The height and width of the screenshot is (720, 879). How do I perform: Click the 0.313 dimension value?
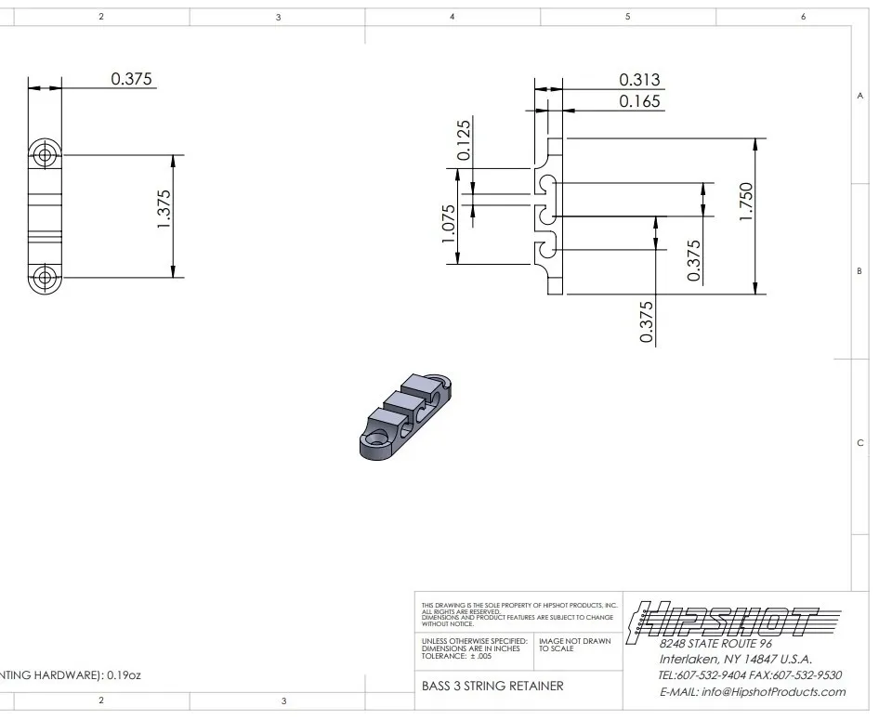click(x=639, y=80)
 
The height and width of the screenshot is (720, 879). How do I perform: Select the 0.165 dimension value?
click(x=639, y=101)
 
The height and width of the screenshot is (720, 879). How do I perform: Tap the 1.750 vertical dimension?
click(x=746, y=202)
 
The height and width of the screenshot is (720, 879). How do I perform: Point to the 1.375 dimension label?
click(x=164, y=209)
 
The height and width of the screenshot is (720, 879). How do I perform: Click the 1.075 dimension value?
click(x=449, y=224)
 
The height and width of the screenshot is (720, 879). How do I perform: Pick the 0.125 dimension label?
click(x=464, y=140)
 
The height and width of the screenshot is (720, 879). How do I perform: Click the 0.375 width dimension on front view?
click(x=131, y=79)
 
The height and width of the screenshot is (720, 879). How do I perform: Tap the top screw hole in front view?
click(x=45, y=154)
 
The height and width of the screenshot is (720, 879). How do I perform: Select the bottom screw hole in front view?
click(x=45, y=277)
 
